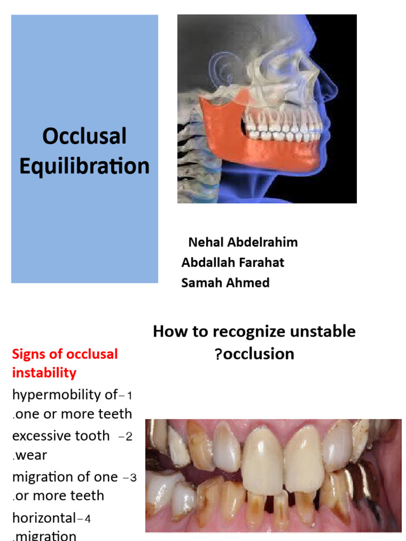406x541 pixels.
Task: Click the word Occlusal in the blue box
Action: point(85,136)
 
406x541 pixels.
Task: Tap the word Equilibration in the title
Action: point(85,166)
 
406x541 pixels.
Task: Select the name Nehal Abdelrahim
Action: point(243,242)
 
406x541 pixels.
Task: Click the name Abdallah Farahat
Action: point(233,263)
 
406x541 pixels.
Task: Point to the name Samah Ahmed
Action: point(225,283)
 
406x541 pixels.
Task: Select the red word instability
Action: point(44,372)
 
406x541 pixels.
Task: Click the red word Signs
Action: point(30,353)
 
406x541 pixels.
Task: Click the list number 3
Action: point(133,478)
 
